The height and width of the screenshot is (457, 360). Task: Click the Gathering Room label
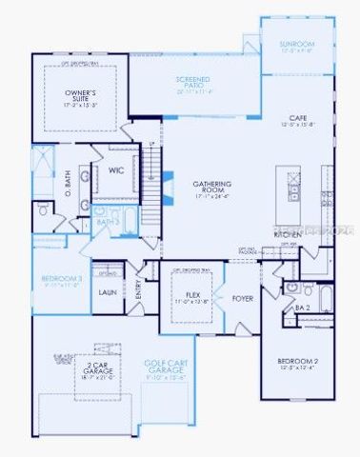[x=193, y=187]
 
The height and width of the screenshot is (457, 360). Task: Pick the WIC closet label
[x=116, y=170]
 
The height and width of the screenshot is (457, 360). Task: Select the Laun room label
[x=107, y=293]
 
